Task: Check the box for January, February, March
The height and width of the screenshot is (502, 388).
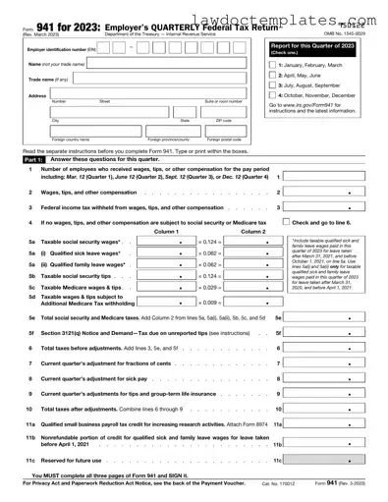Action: [272, 65]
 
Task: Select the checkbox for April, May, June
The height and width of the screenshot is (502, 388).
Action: [272, 76]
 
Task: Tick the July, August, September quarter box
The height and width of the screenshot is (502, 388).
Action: [272, 86]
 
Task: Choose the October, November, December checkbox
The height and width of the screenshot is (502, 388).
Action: [272, 96]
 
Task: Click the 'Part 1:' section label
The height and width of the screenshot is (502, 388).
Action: [32, 157]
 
